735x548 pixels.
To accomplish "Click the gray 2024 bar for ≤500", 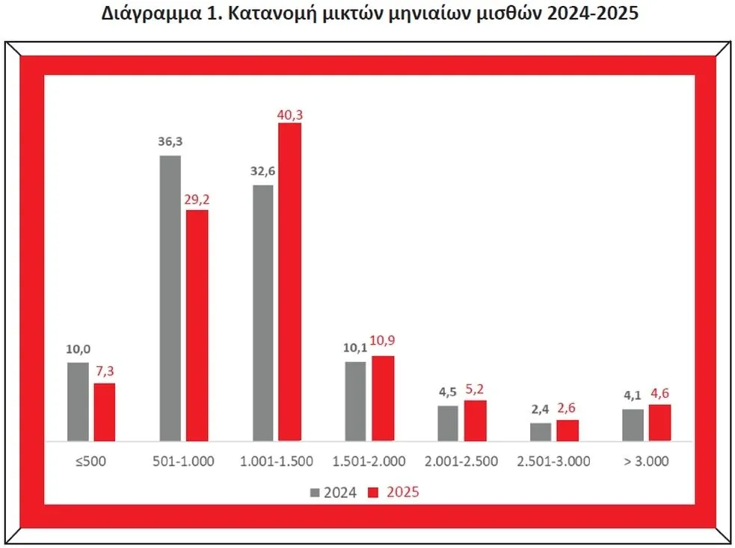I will point(78,401).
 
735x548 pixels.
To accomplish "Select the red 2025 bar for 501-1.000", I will point(197,325).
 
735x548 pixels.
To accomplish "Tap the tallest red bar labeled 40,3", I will point(289,282).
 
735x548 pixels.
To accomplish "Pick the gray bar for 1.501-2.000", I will point(355,401).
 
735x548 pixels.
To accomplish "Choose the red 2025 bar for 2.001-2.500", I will point(475,420).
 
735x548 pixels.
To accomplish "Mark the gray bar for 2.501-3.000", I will point(541,432).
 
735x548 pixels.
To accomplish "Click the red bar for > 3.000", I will point(659,422).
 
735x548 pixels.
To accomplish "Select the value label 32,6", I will point(262,171).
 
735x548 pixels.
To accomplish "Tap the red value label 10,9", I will point(383,343).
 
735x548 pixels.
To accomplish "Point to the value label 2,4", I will point(541,410).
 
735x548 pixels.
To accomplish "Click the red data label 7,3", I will point(105,371).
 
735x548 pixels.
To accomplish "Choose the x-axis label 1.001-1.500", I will point(276,461).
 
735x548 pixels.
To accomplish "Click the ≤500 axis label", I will point(91,461).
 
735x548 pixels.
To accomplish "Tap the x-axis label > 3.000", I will point(647,461).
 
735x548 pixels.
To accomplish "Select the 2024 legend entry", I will point(334,492).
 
